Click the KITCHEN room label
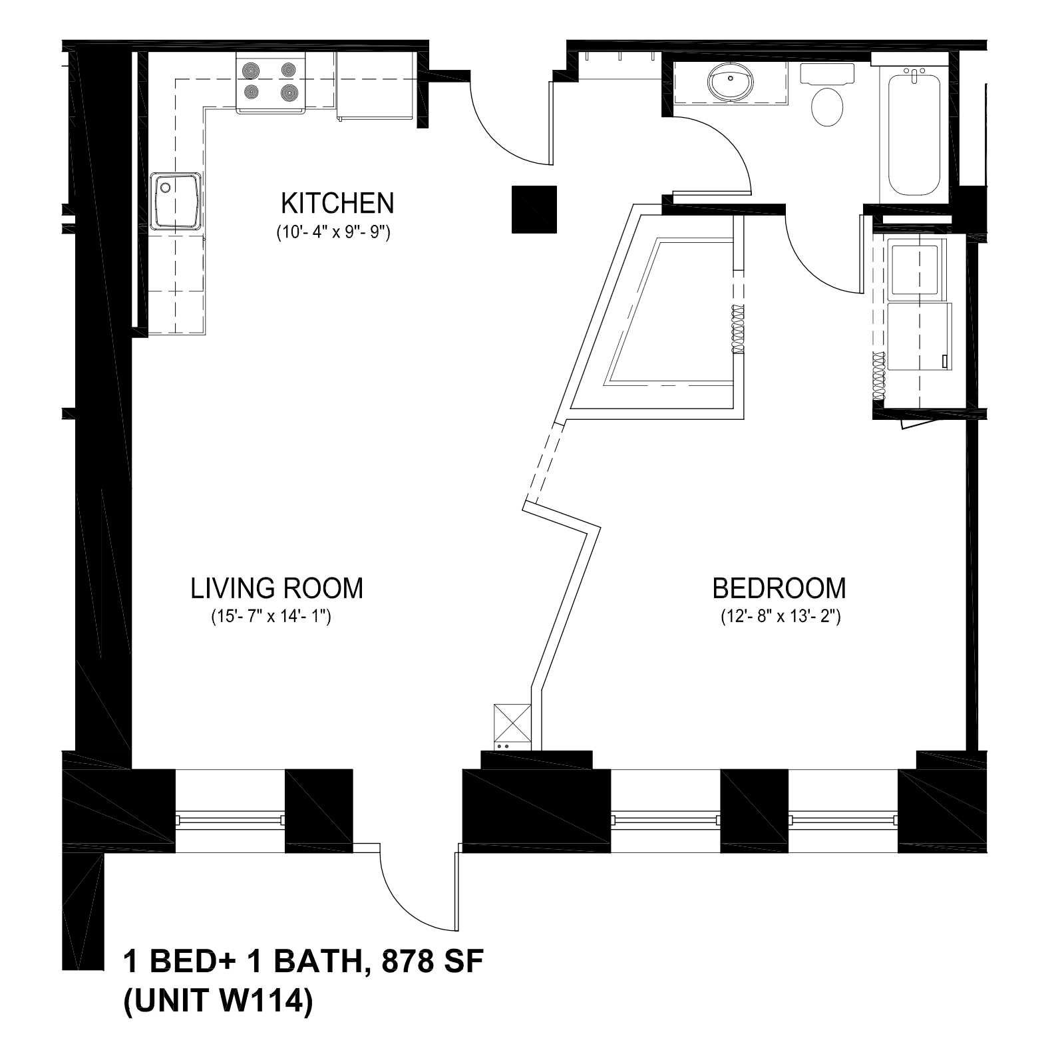[337, 204]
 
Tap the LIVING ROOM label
[277, 588]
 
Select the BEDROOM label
[779, 588]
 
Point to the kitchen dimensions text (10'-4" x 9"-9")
[333, 234]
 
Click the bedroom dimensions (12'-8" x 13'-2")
[781, 617]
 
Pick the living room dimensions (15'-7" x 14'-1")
[271, 617]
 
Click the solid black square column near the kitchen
[534, 210]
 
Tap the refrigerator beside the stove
[377, 86]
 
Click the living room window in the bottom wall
[230, 819]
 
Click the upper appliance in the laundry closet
[917, 269]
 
